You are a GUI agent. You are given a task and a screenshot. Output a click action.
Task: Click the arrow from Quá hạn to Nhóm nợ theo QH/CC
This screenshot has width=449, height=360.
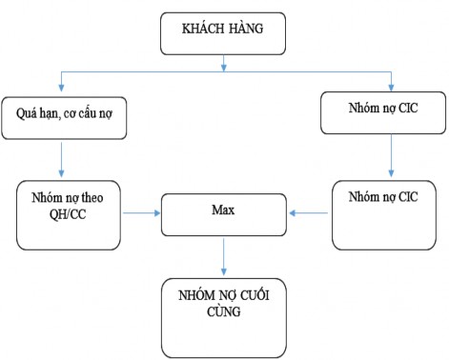62,159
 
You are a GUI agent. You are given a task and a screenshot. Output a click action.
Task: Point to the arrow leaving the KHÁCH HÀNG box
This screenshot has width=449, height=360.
223,63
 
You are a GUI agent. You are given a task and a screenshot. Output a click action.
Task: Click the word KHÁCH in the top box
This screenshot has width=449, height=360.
199,28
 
